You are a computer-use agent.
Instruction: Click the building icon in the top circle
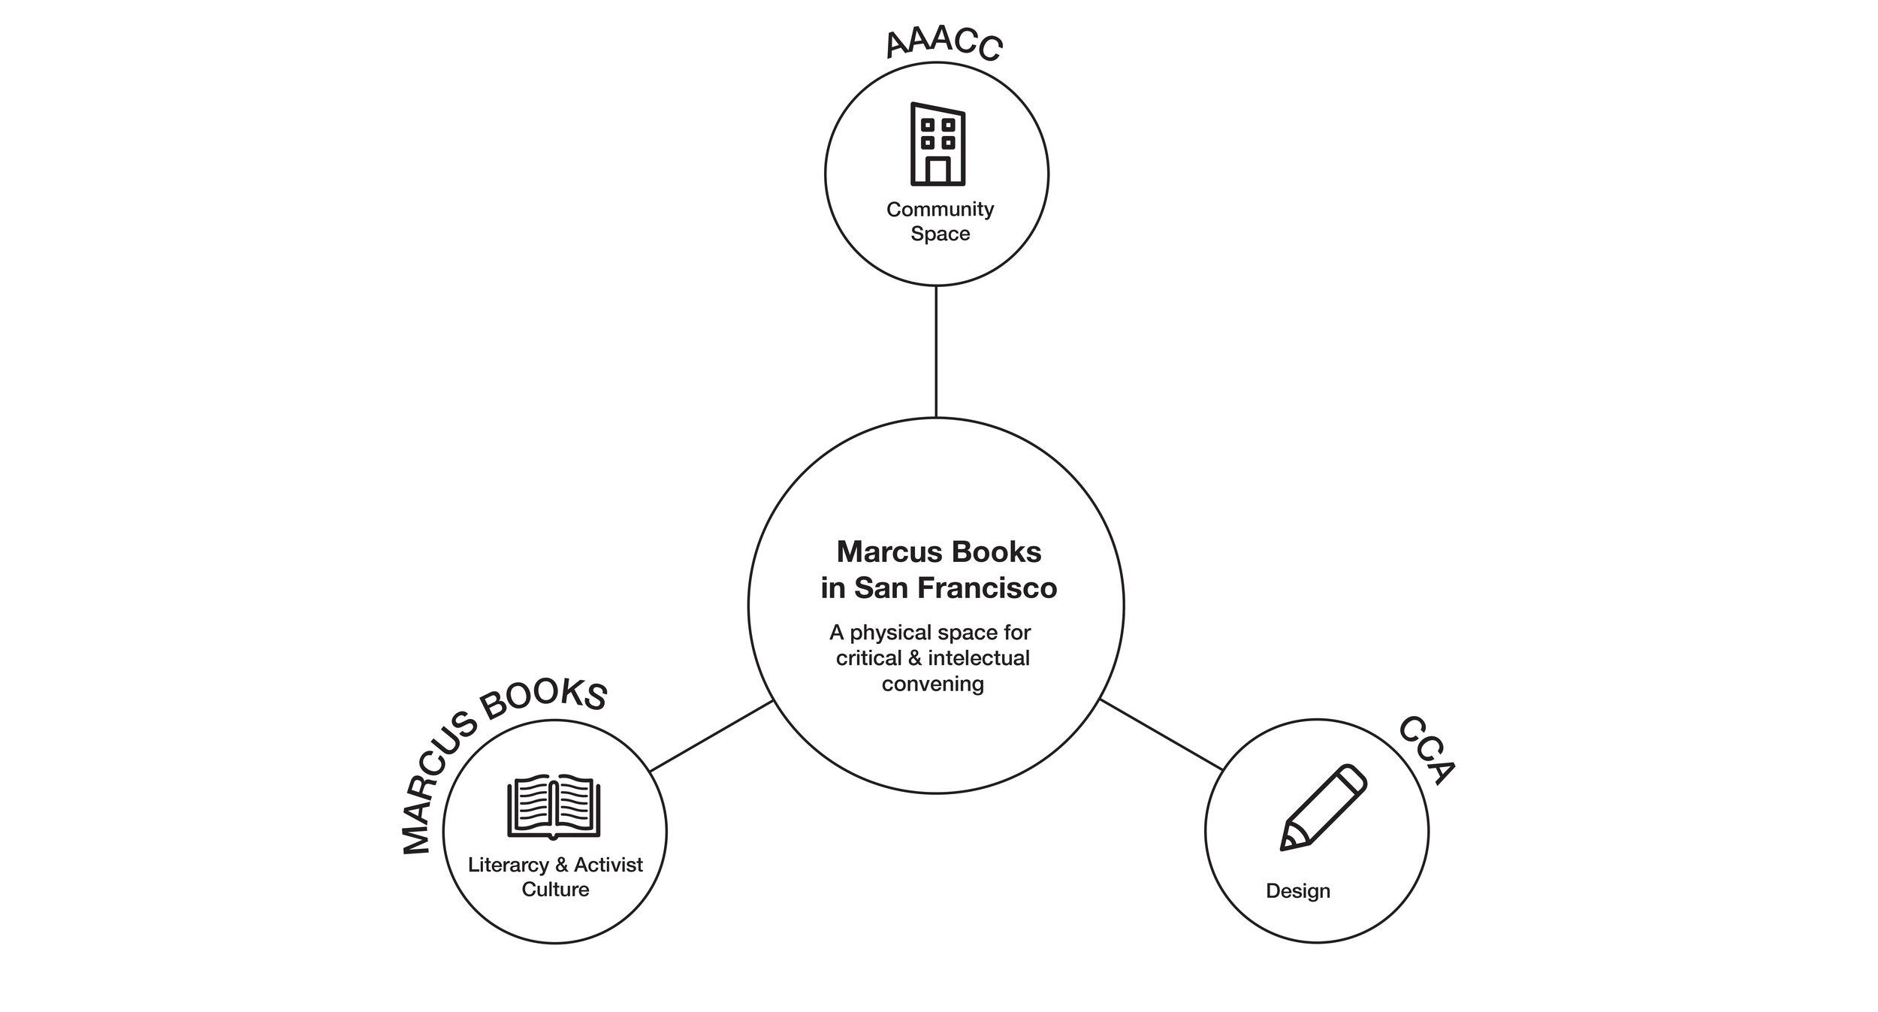(x=937, y=143)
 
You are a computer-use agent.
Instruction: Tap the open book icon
(x=554, y=806)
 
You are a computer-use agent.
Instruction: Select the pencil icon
(x=1323, y=807)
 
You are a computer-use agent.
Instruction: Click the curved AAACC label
(x=944, y=44)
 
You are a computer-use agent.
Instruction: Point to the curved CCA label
(x=1426, y=750)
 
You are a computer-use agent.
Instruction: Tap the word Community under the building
(x=940, y=209)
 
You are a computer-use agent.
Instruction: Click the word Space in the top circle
(x=940, y=234)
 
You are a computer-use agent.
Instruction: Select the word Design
(x=1297, y=891)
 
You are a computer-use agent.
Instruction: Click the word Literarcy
(x=508, y=865)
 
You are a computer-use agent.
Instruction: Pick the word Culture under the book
(x=555, y=890)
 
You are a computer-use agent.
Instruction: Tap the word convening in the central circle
(x=932, y=684)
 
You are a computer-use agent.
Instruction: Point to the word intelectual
(x=979, y=658)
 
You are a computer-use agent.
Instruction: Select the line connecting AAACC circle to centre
(x=936, y=351)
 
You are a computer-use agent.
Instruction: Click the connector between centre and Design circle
(x=1161, y=734)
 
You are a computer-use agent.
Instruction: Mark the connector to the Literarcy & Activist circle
(x=711, y=736)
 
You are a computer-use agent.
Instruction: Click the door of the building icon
(x=937, y=171)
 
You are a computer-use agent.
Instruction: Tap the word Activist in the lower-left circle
(x=608, y=865)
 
